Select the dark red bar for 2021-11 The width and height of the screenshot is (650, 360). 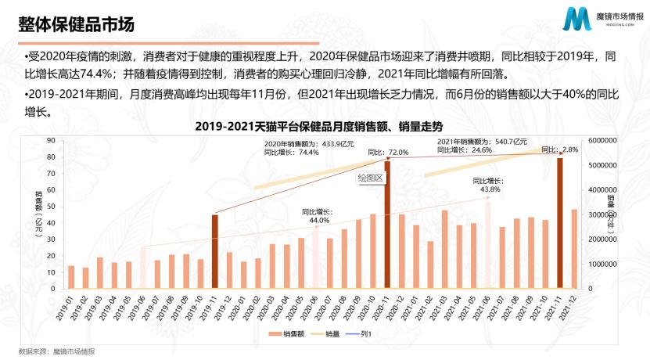click(559, 223)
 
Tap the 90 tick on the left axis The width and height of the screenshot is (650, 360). click(50, 141)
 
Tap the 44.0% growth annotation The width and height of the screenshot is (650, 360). click(318, 220)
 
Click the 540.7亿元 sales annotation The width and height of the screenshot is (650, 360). click(483, 141)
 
